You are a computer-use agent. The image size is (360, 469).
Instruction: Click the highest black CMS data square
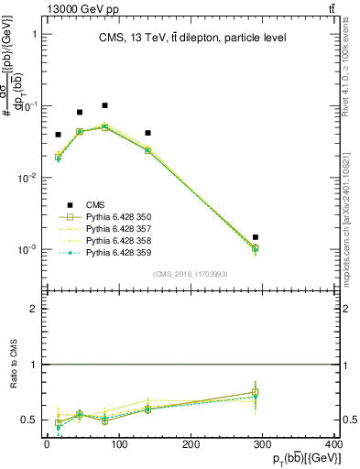[x=104, y=105]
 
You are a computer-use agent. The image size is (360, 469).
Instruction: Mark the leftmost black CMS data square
[x=58, y=135]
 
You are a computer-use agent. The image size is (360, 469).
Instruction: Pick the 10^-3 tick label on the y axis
[x=27, y=249]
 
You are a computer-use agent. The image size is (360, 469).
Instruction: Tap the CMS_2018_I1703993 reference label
[x=191, y=275]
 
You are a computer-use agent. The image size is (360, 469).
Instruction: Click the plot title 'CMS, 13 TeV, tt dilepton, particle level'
[x=192, y=38]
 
